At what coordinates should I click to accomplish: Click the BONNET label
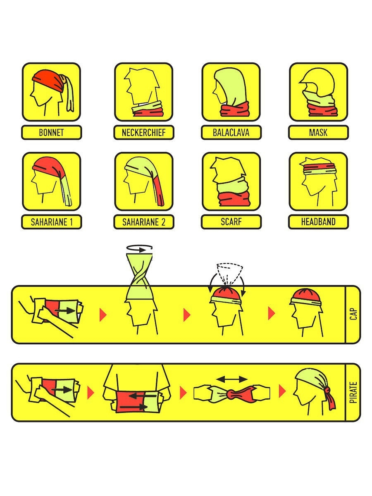[x=51, y=132]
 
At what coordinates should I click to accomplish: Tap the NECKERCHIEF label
[x=144, y=132]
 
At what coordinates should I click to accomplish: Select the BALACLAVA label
[x=231, y=132]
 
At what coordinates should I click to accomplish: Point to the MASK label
[x=318, y=132]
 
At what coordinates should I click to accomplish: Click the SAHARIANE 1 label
[x=52, y=222]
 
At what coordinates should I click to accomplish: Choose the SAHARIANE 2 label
[x=144, y=222]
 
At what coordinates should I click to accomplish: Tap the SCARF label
[x=231, y=222]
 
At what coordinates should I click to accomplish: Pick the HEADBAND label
[x=318, y=222]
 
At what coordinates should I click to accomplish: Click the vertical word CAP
[x=353, y=314]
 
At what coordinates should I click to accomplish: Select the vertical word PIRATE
[x=353, y=393]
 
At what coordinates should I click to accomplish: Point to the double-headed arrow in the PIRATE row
[x=232, y=379]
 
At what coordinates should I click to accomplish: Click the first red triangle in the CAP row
[x=103, y=315]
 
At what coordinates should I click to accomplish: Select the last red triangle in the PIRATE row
[x=283, y=391]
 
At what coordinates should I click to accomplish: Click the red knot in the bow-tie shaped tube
[x=233, y=393]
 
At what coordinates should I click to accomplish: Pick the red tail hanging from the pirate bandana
[x=331, y=400]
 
